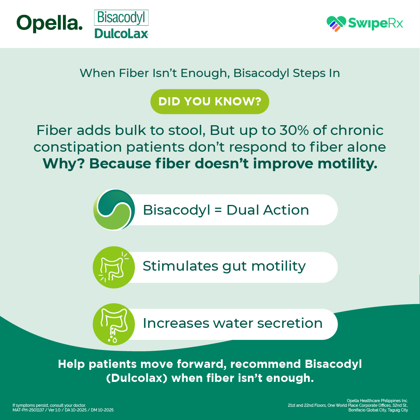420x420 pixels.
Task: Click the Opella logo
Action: pos(50,23)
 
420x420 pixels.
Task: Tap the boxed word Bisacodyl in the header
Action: pos(121,17)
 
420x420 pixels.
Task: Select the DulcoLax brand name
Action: pos(121,33)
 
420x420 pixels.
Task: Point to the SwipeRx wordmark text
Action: pos(375,23)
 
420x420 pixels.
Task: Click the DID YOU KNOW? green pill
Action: pos(210,101)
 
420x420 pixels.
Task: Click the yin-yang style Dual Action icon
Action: pos(114,210)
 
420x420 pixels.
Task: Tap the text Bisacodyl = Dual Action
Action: pos(226,210)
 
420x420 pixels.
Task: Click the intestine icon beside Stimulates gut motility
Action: pos(114,267)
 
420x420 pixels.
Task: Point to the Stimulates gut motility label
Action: pos(224,266)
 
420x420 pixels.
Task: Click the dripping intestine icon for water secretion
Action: pos(114,324)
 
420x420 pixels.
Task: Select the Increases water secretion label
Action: pos(232,323)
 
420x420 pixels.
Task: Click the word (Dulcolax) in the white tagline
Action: pos(137,378)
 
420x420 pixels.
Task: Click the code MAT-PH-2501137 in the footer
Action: pos(28,410)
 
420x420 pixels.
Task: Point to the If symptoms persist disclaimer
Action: pos(49,405)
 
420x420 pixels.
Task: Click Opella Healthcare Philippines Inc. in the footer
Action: pos(377,401)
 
